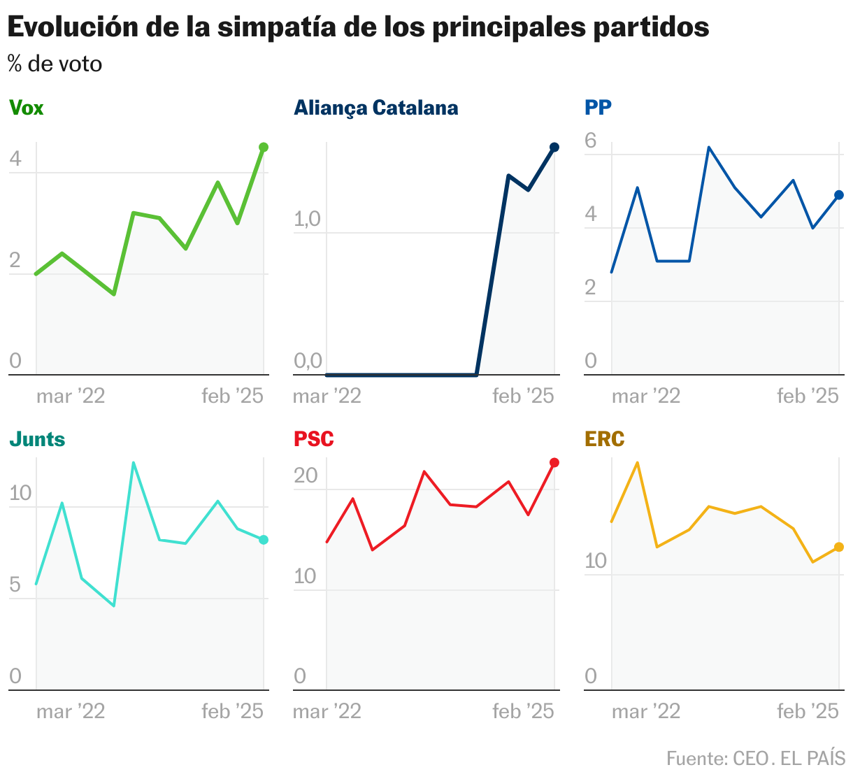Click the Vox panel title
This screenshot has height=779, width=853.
coord(26,108)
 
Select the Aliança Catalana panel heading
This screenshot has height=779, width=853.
coord(376,108)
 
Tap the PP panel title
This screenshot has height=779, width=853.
coord(598,108)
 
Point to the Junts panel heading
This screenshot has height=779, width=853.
coord(37,439)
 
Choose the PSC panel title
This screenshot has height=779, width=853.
coord(314,439)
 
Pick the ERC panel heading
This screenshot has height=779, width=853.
coord(605,439)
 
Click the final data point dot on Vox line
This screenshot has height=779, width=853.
coord(264,147)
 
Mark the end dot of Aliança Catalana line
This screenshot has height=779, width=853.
coord(554,147)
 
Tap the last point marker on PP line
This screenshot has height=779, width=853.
coord(839,195)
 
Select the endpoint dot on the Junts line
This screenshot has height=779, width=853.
coord(264,540)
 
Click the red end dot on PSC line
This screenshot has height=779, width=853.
coord(554,462)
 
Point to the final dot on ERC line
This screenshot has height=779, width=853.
coord(839,547)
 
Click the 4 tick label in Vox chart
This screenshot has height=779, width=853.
coord(15,160)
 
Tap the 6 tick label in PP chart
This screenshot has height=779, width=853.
coord(591,141)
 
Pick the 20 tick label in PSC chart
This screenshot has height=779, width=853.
coord(306,476)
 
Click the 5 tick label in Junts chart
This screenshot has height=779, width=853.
coord(15,585)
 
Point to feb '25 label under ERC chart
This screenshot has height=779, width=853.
coord(808,711)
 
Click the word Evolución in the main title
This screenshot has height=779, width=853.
coord(71,27)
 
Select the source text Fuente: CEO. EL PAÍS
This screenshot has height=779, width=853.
coord(755,759)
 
